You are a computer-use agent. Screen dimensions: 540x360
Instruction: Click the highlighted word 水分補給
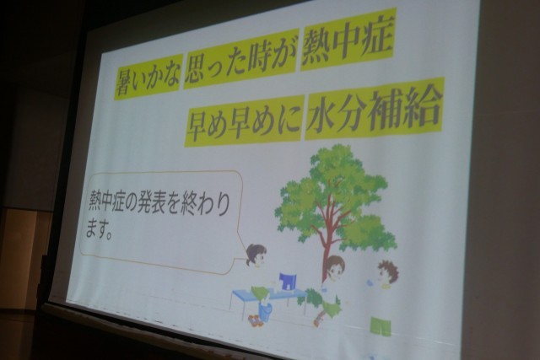coord(374,109)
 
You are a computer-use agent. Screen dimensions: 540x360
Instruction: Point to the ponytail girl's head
coord(256,255)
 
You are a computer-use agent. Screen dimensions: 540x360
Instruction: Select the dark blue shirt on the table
coord(288,282)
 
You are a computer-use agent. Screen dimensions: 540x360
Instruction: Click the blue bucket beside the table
coord(265,311)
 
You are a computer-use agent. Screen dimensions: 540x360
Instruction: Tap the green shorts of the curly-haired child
coord(381,326)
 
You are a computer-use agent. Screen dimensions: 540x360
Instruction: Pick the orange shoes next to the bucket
coord(254,320)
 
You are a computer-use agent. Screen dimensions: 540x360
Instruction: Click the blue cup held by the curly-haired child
coord(370,282)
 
